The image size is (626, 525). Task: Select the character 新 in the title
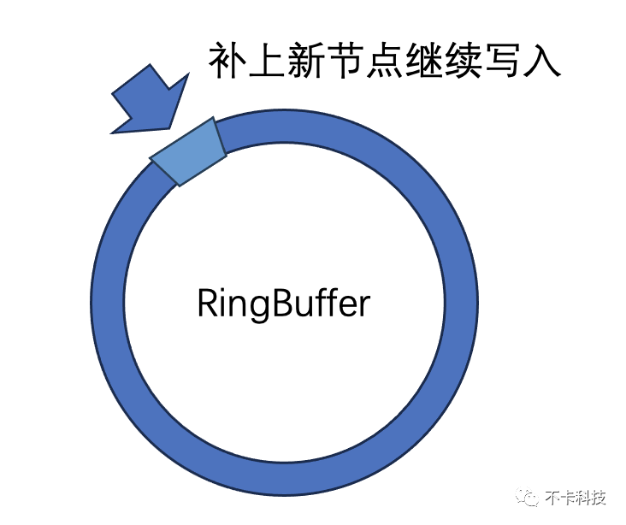(x=310, y=62)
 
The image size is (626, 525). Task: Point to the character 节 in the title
(x=351, y=62)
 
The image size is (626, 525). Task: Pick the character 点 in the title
(x=392, y=62)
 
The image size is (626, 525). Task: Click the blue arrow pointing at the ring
(x=151, y=101)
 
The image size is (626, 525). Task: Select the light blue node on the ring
(x=188, y=151)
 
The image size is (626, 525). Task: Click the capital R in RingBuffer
(x=209, y=304)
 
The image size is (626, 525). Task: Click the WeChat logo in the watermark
(x=531, y=499)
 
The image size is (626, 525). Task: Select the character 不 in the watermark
(x=554, y=499)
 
